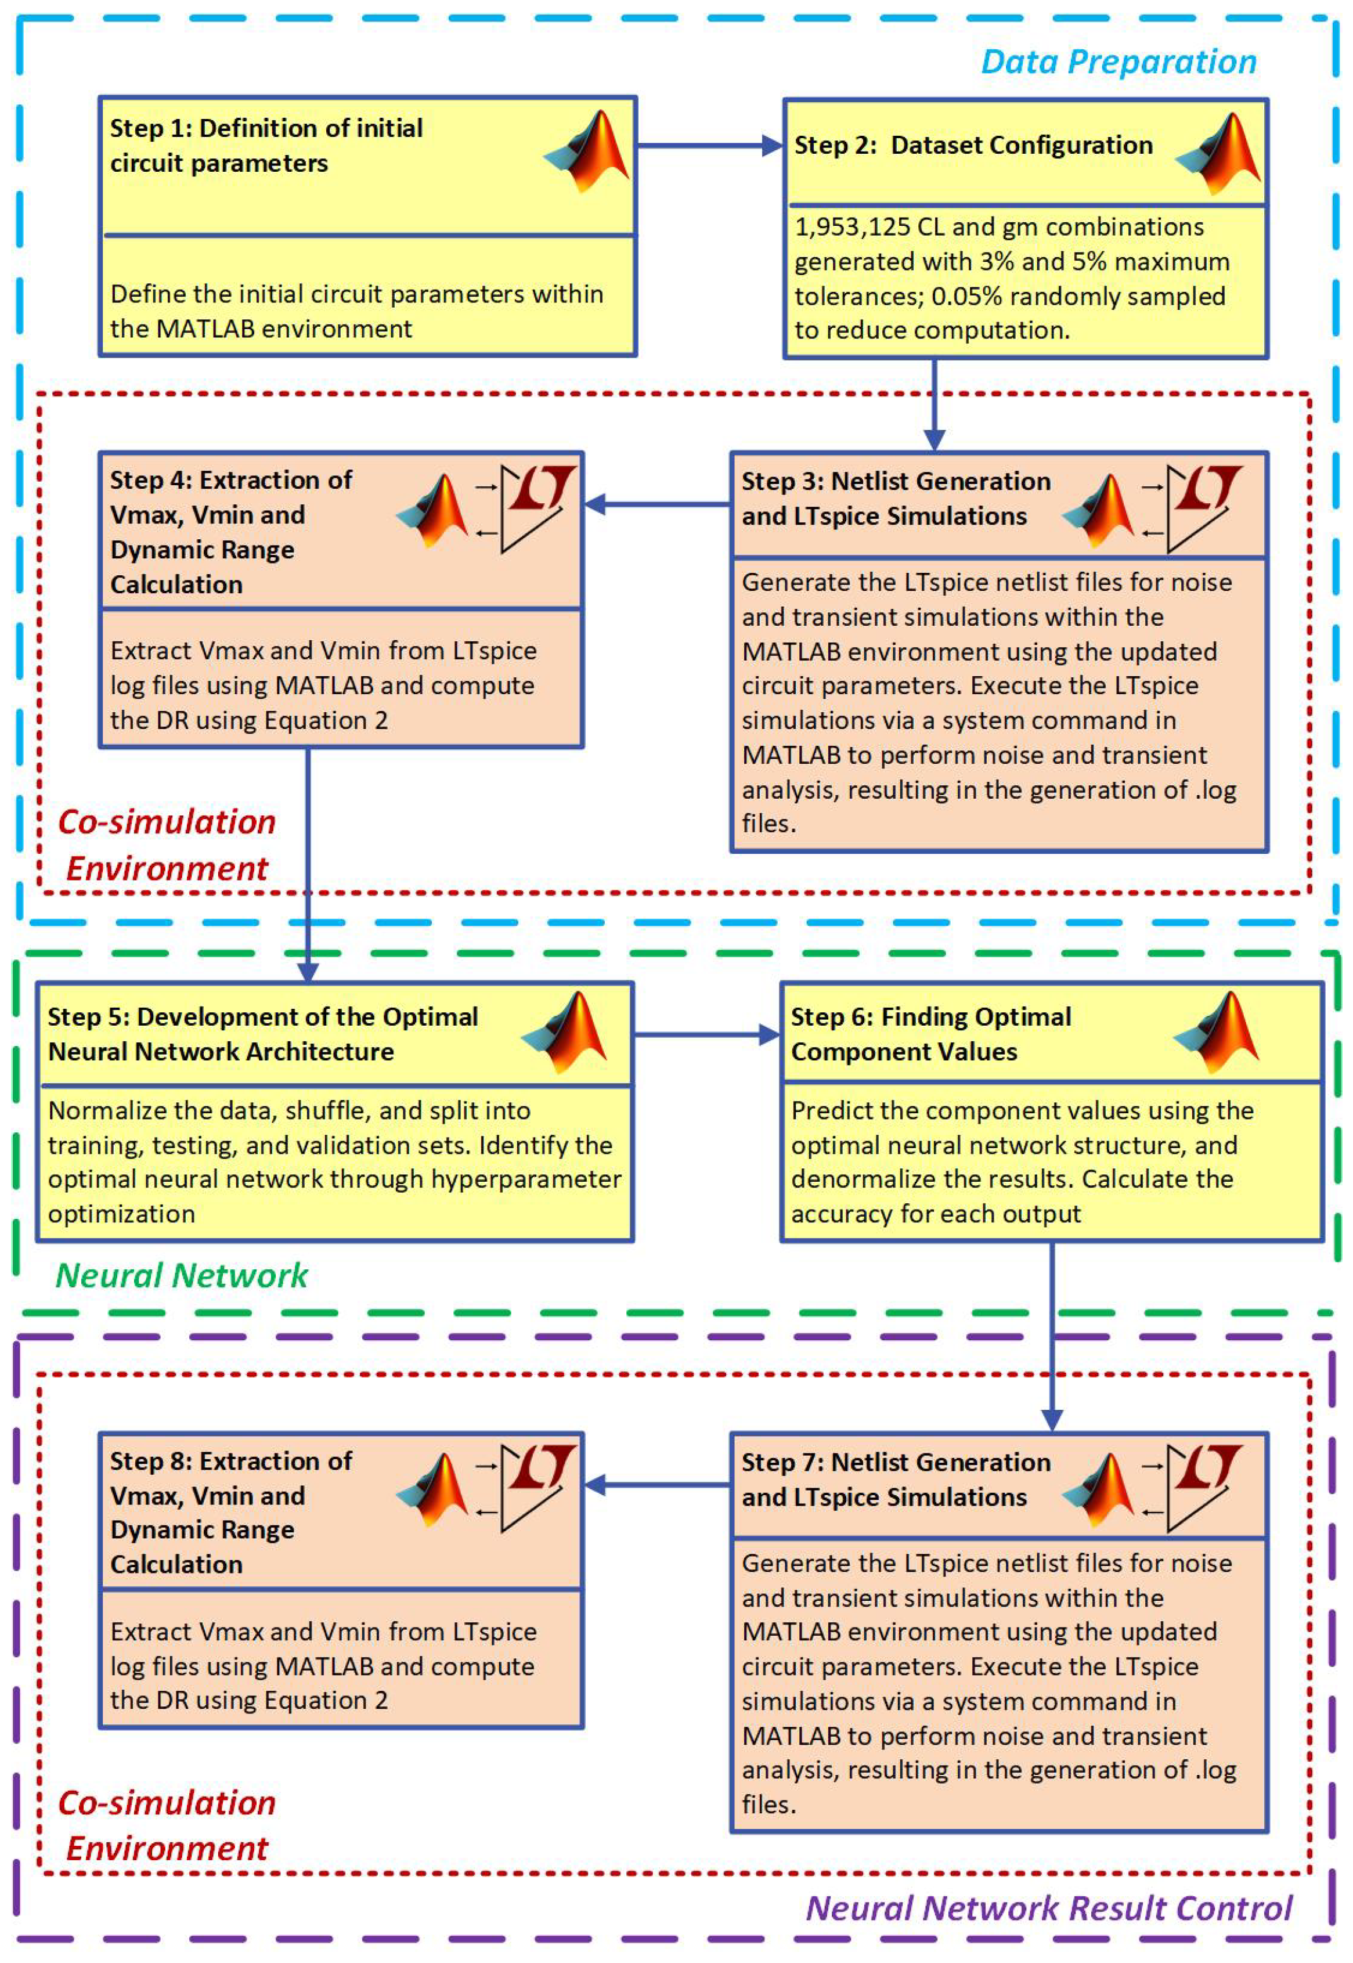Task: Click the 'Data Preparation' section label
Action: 1118,62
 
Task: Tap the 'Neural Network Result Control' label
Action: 1049,1908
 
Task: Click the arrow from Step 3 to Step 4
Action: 657,505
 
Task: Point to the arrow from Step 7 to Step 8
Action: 657,1484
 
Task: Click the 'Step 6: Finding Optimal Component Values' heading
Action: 931,1034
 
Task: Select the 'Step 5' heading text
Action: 263,1034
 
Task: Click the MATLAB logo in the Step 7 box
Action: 1099,1490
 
